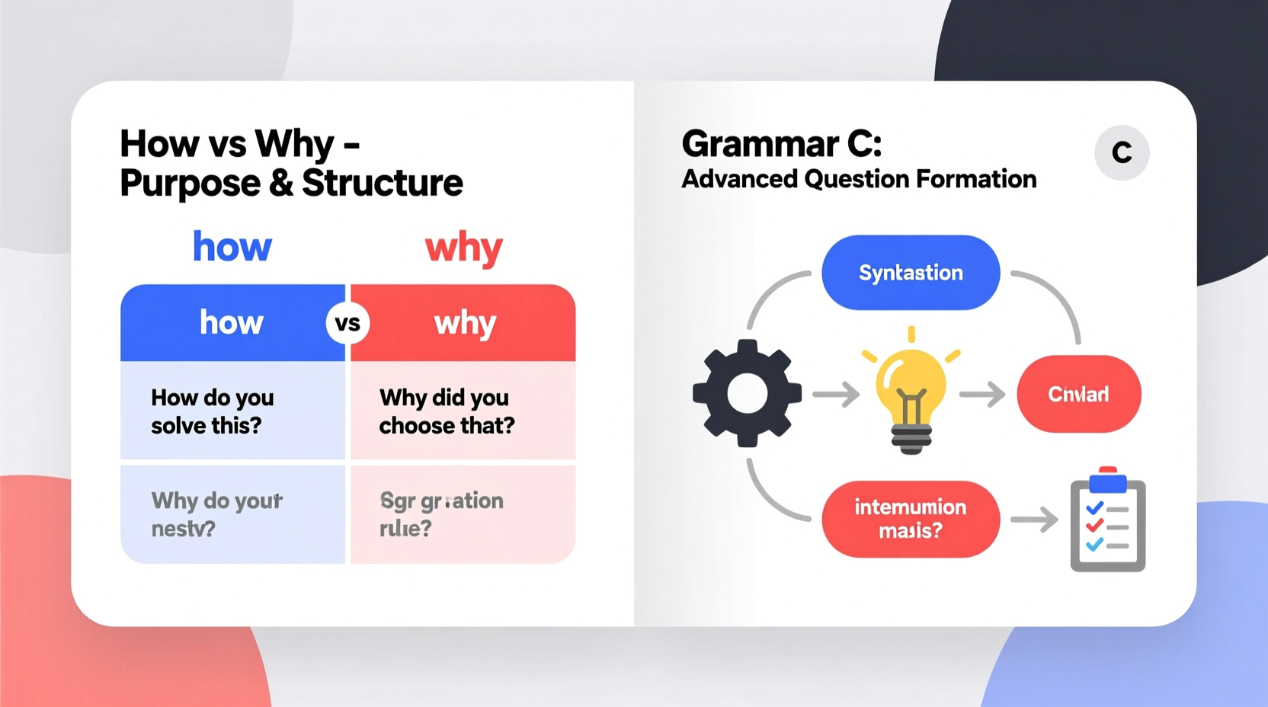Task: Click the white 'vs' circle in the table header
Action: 347,323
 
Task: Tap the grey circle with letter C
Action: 1122,152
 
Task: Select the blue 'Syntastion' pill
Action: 911,273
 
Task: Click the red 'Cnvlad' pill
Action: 1078,394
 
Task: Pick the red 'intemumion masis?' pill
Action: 911,519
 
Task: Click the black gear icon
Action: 747,393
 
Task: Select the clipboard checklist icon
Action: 1108,521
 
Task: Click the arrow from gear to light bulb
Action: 836,395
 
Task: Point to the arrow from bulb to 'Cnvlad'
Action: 982,395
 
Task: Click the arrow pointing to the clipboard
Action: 1034,520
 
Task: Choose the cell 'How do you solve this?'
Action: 232,411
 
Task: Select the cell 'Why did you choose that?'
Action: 463,411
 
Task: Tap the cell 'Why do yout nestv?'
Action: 232,514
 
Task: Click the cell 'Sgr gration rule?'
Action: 463,514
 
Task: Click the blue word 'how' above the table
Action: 232,247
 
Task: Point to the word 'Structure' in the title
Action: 383,184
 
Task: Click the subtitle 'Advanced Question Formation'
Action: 859,179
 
